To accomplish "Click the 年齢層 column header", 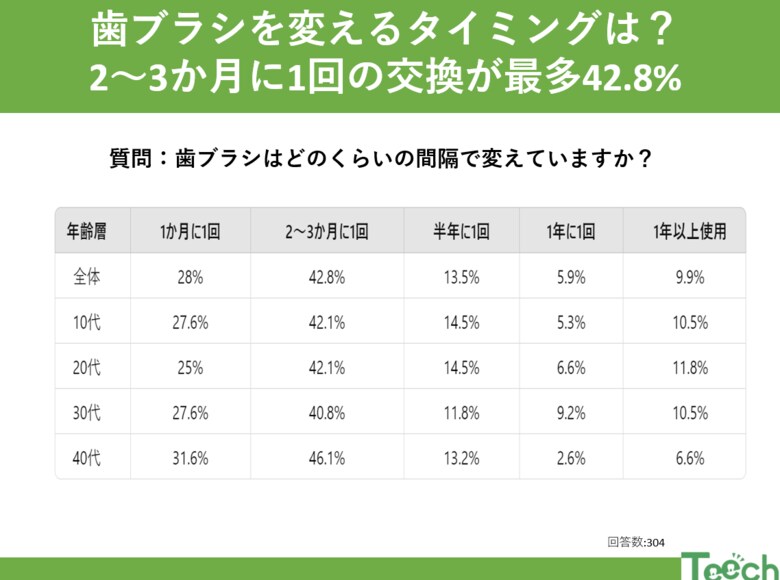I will click(86, 231).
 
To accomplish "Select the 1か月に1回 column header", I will click(189, 231).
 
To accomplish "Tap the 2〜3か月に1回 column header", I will click(327, 231).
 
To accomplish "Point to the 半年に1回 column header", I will click(461, 231).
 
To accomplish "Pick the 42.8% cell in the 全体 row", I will click(327, 277).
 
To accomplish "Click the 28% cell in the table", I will click(189, 277).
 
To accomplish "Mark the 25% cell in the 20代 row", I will click(189, 368).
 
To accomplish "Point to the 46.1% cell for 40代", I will click(327, 458).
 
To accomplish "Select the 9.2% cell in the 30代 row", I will click(571, 413).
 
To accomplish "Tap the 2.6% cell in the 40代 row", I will click(571, 458).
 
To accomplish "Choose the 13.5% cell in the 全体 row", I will click(461, 277).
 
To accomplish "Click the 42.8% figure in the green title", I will click(627, 78).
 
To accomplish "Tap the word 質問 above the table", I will click(132, 158).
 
